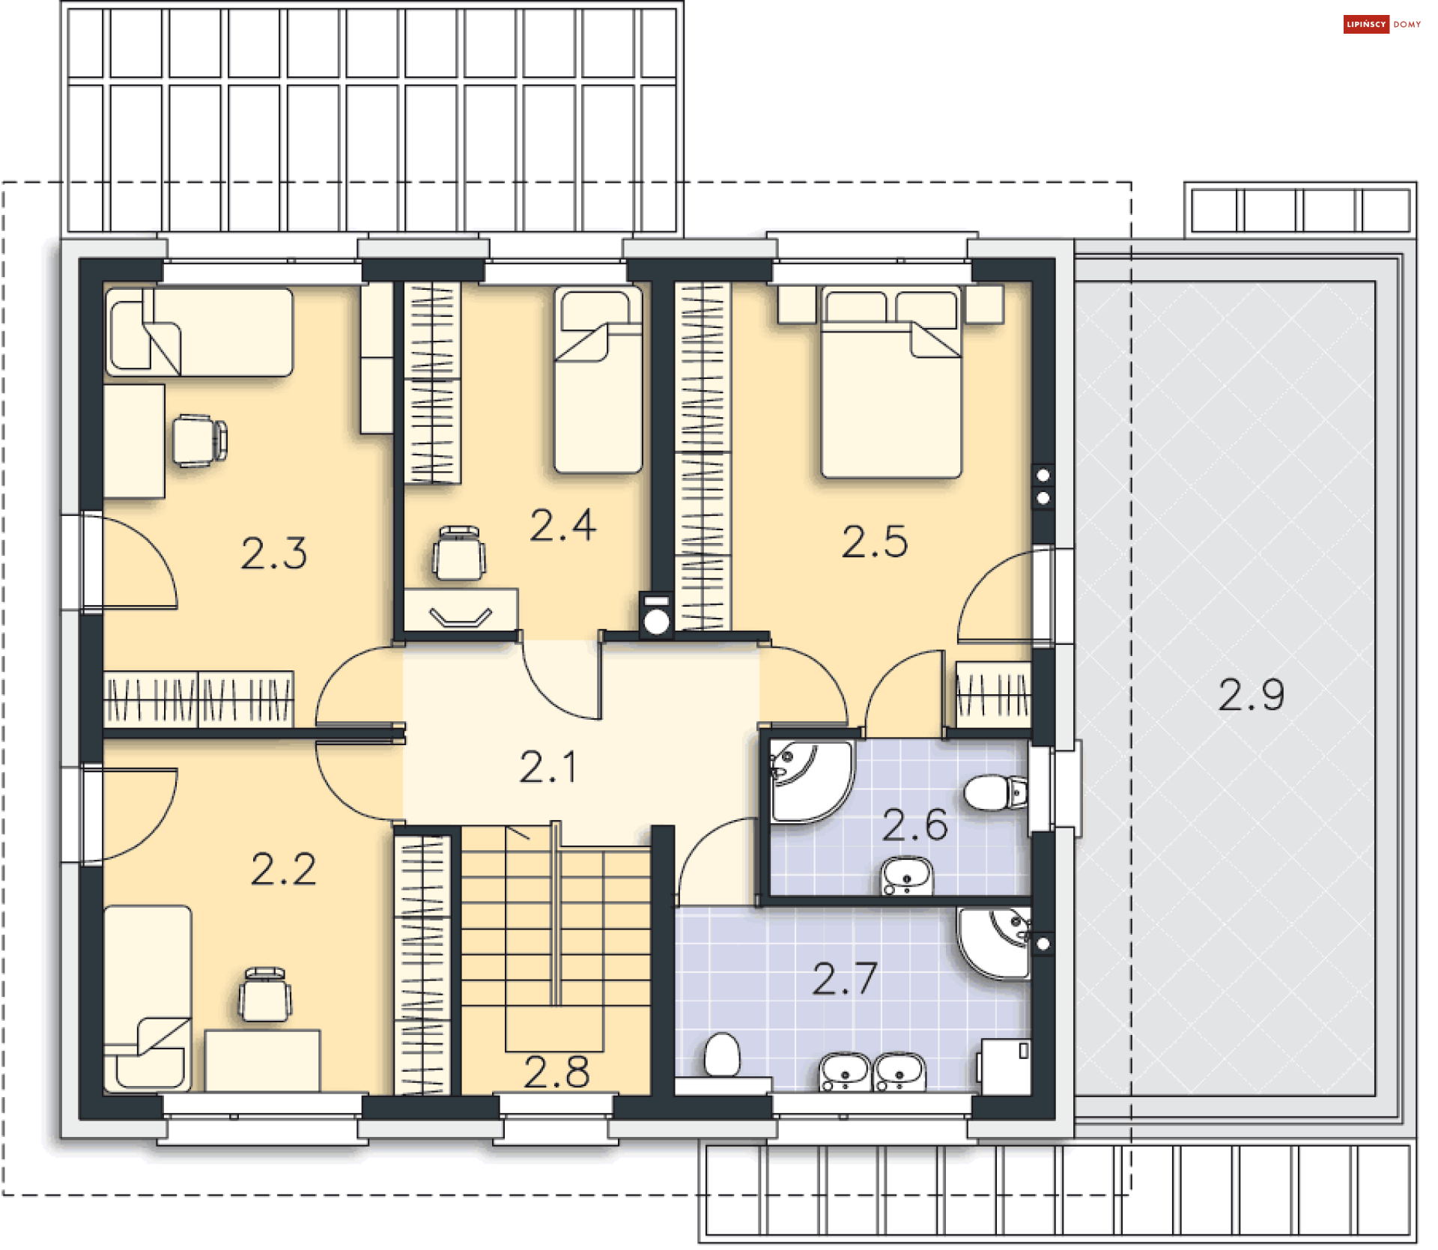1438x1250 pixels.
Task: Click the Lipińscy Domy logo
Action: pyautogui.click(x=1382, y=24)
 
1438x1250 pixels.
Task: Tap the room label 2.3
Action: pyautogui.click(x=274, y=553)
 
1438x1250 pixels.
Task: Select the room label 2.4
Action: pyautogui.click(x=563, y=525)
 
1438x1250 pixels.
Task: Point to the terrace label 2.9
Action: pyautogui.click(x=1251, y=694)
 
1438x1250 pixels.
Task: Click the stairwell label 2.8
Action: pyautogui.click(x=556, y=1072)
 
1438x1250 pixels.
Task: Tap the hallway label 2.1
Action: pyautogui.click(x=548, y=767)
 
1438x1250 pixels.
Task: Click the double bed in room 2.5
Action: pyautogui.click(x=891, y=383)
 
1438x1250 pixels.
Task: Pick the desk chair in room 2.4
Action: pyautogui.click(x=459, y=553)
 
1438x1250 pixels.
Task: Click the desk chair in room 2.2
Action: pyautogui.click(x=265, y=994)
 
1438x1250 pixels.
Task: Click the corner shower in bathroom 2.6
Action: pyautogui.click(x=811, y=781)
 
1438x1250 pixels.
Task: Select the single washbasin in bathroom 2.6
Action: pyautogui.click(x=907, y=876)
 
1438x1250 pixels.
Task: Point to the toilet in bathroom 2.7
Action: pyautogui.click(x=723, y=1055)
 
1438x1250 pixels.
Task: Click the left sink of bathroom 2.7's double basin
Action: pyautogui.click(x=844, y=1072)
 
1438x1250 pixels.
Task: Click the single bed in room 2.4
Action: pyautogui.click(x=598, y=380)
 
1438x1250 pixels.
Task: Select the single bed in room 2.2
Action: pyautogui.click(x=148, y=998)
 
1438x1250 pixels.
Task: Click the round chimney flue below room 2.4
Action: pyautogui.click(x=656, y=622)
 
